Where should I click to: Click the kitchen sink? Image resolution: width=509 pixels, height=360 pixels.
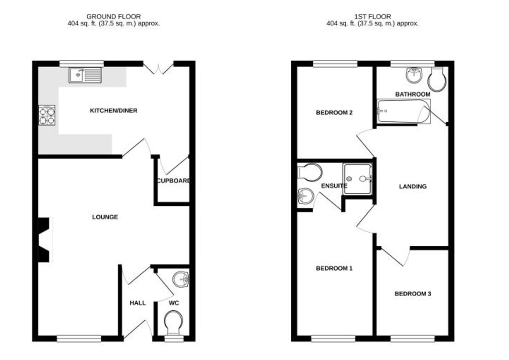pos(85,75)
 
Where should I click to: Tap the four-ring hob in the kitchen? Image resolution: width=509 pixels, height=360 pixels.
pos(47,116)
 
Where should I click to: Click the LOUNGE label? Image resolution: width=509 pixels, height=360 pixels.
pos(105,217)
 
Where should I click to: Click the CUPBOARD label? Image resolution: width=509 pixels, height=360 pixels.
pos(174,181)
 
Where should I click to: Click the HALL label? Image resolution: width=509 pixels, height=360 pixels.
pos(137,303)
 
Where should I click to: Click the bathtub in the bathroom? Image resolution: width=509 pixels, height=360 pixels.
pos(402,111)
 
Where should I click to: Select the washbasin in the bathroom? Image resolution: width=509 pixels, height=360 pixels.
pos(414,76)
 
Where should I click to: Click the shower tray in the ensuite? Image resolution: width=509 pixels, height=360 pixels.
pos(358,178)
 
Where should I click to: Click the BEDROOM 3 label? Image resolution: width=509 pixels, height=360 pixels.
pos(412,294)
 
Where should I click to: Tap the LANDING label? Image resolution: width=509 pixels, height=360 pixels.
pos(413,186)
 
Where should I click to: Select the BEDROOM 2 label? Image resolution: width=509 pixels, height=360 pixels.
pos(334,113)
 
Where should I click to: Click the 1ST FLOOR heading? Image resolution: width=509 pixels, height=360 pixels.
pos(372,17)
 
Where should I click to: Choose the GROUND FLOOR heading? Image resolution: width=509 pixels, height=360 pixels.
pos(114,17)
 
